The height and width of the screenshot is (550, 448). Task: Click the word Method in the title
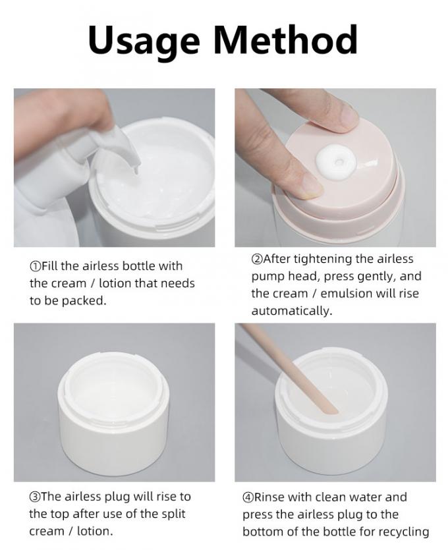click(285, 39)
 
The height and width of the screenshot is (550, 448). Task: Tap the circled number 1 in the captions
click(35, 266)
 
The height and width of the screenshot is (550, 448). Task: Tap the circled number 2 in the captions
click(256, 260)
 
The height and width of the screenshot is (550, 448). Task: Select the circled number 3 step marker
click(35, 497)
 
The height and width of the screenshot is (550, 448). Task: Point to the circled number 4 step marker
click(248, 497)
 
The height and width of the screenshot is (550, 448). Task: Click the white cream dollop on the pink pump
click(336, 161)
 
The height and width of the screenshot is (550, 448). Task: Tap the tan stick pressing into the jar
click(290, 368)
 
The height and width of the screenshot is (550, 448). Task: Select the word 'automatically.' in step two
click(292, 311)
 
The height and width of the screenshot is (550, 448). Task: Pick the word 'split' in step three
click(173, 514)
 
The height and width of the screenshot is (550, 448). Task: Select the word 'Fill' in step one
click(49, 266)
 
